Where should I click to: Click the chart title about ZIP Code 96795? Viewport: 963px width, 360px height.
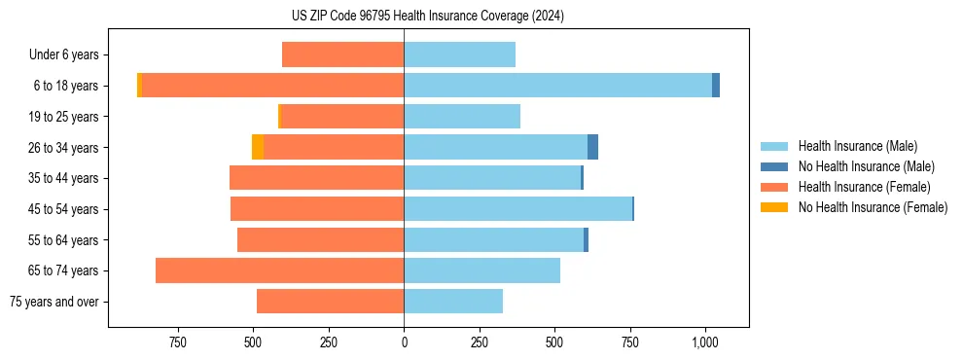(427, 17)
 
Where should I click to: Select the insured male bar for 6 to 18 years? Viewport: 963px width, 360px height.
(557, 86)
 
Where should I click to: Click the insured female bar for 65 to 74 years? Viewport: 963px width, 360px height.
(279, 270)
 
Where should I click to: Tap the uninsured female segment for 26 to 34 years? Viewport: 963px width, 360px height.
(258, 147)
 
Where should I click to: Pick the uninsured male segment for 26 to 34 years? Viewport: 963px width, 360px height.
(592, 147)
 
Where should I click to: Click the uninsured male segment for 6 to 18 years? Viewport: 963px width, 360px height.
(716, 86)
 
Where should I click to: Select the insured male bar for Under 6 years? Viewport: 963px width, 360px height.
(459, 54)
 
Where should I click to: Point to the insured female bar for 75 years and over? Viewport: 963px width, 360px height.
(330, 302)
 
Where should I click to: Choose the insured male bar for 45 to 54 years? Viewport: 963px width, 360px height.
(517, 209)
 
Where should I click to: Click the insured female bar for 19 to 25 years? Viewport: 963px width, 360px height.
(341, 117)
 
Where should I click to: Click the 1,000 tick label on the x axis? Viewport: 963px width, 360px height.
(704, 342)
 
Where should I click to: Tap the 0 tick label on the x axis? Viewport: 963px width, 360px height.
(404, 342)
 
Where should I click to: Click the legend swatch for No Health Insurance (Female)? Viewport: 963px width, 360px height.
(774, 207)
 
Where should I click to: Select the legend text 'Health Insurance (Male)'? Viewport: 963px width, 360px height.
(857, 146)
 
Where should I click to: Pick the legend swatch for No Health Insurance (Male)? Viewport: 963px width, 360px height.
(774, 166)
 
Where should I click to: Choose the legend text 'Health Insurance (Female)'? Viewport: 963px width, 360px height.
(864, 187)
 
